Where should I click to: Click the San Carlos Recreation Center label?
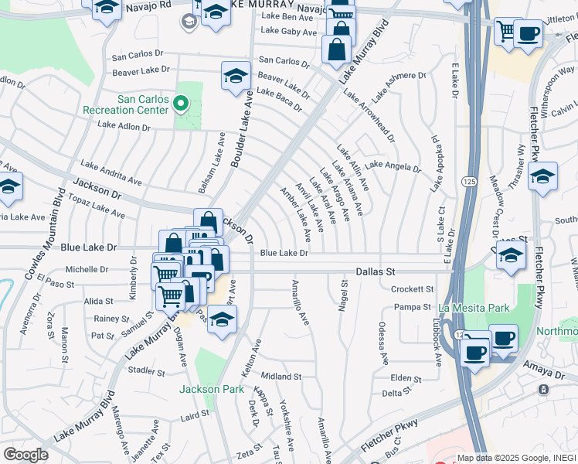click(x=142, y=104)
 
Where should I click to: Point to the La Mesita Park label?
click(x=474, y=308)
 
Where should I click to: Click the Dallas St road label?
click(x=376, y=272)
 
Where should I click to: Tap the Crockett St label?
click(x=412, y=289)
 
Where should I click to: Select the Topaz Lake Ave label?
click(x=98, y=205)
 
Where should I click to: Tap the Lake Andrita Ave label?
click(x=111, y=172)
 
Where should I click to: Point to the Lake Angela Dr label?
click(x=393, y=166)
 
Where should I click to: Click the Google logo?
click(x=25, y=455)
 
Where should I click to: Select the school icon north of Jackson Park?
click(x=222, y=319)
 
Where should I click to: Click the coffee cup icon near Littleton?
click(x=529, y=34)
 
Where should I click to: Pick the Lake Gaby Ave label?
click(x=289, y=32)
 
